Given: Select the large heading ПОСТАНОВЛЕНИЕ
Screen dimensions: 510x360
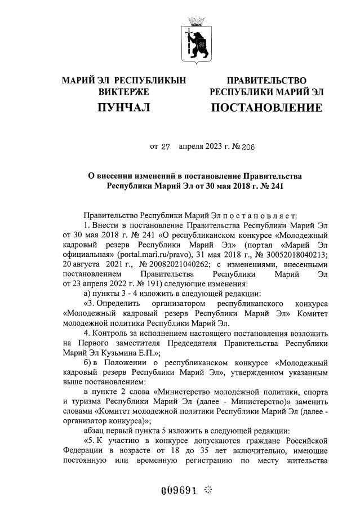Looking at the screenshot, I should click(x=266, y=107).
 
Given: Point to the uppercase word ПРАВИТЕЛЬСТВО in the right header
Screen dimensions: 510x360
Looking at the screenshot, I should click(x=266, y=81).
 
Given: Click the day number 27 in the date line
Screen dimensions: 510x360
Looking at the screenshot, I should click(x=166, y=147).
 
